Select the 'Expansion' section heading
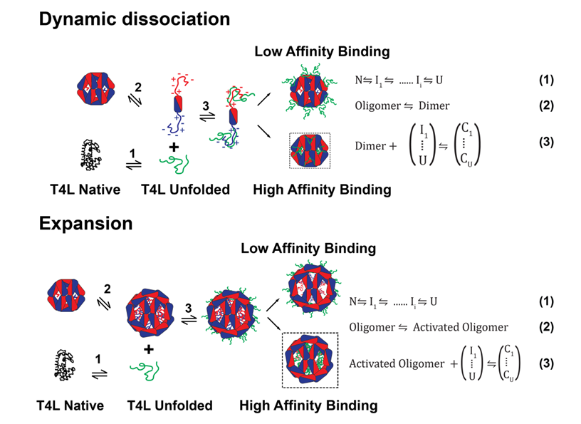[86, 223]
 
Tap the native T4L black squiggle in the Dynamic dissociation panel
[94, 153]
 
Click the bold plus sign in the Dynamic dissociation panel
[173, 145]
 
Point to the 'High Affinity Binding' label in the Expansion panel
[308, 405]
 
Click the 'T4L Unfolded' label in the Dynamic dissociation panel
[175, 190]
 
